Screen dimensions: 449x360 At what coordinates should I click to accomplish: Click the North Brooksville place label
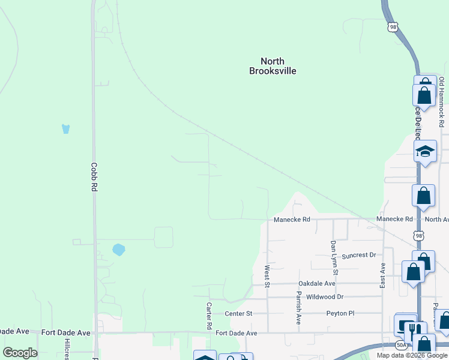[273, 66]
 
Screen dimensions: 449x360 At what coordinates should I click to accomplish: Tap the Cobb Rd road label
[94, 177]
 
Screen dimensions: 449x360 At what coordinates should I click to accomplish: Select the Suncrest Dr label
[358, 255]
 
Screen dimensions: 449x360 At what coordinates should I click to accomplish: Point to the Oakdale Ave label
[317, 283]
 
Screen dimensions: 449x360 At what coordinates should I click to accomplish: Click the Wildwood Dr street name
[324, 297]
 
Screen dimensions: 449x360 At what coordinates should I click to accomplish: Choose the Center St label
[238, 313]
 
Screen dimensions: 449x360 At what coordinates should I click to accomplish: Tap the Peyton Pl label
[340, 313]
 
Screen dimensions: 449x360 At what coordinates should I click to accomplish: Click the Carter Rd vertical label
[209, 314]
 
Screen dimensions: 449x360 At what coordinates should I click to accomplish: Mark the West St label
[267, 275]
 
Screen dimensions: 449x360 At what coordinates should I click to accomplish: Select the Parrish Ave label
[298, 308]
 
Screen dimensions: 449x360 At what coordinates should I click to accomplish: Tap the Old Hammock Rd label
[441, 106]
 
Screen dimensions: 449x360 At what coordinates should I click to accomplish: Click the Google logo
[20, 353]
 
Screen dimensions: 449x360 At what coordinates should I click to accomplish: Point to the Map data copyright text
[412, 355]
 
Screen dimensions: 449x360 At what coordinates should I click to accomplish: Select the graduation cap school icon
[425, 151]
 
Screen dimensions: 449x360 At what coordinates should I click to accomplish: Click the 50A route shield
[401, 345]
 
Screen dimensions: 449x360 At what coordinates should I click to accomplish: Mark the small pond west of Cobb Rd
[66, 128]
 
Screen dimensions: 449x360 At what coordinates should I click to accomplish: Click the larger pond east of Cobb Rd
[118, 249]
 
